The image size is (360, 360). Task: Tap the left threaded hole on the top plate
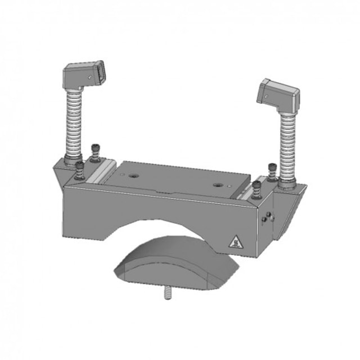click(x=134, y=175)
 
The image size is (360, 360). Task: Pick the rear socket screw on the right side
click(x=273, y=169)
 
